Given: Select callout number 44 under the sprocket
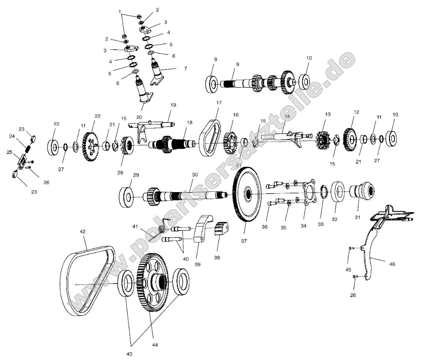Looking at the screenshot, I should (x=155, y=345).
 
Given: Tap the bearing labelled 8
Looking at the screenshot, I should (x=212, y=84).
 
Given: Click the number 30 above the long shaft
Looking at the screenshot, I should (x=194, y=175).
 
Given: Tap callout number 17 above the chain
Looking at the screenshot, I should (x=219, y=103).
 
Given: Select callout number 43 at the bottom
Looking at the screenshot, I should (x=129, y=354).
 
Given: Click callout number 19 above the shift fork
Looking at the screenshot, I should (x=173, y=105).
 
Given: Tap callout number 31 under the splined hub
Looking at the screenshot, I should (x=357, y=217).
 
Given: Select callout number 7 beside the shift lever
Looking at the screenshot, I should (x=185, y=68).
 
